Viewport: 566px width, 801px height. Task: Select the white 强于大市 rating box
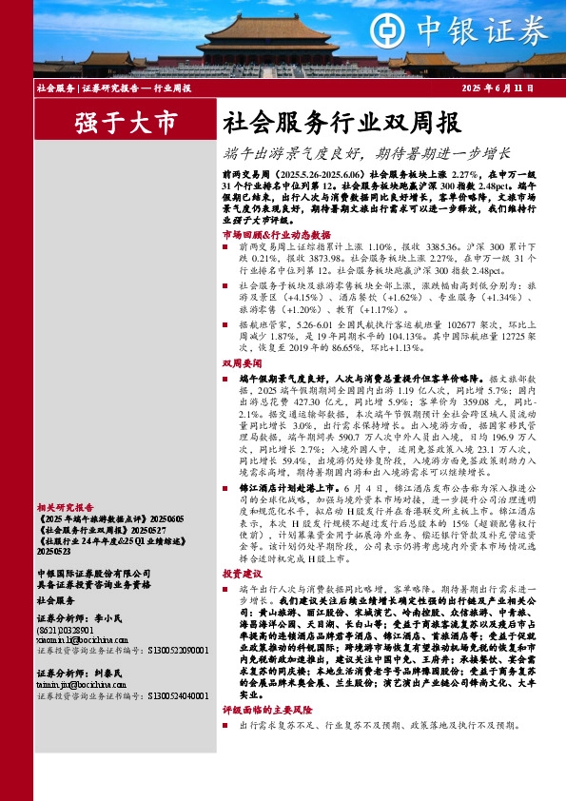(x=125, y=122)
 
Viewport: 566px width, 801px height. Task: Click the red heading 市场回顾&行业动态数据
(x=276, y=234)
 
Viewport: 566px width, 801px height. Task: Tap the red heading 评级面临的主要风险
(x=269, y=710)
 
